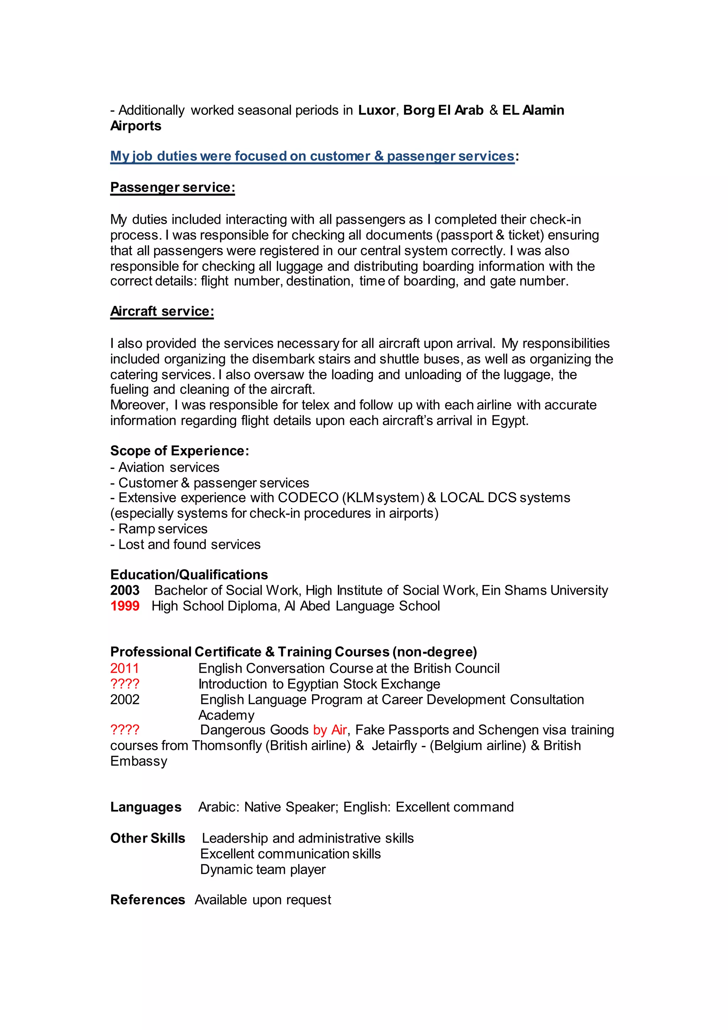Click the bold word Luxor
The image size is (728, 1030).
376,110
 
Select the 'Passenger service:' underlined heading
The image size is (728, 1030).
173,187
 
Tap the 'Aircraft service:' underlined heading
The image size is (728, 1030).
162,311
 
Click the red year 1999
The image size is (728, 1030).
125,606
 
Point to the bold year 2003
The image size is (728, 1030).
125,590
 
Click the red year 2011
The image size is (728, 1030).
125,668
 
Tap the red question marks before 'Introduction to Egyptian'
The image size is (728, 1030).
125,684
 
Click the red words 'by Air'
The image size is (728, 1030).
330,730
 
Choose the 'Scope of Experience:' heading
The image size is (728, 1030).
179,451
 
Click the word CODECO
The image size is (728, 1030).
308,498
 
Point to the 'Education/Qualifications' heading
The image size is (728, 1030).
189,575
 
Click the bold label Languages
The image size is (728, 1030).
146,807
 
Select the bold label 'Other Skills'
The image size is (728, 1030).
148,838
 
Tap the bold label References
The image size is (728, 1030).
148,900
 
